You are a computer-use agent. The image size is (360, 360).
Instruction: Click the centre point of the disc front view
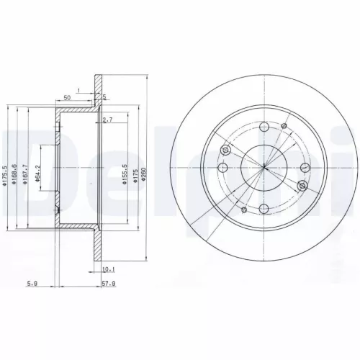tap(264, 168)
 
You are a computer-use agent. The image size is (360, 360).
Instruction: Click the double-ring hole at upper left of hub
tap(225, 150)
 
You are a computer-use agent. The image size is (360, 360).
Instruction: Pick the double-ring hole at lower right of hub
tap(302, 186)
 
